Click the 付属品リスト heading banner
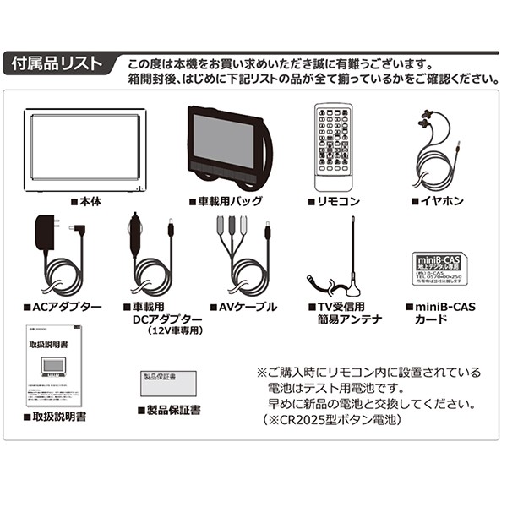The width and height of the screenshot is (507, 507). pos(54,64)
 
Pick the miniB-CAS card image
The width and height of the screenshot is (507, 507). pos(436,270)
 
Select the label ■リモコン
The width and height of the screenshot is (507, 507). pos(334,203)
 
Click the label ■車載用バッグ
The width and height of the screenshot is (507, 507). pos(226,203)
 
